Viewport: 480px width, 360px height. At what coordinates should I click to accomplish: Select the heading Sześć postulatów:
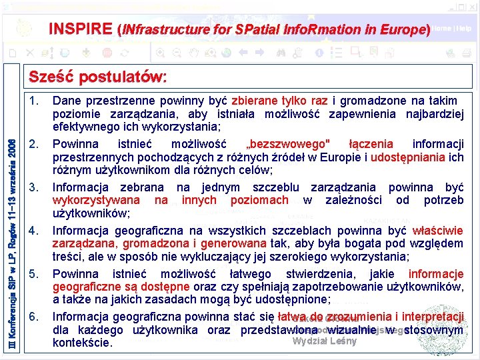(98, 77)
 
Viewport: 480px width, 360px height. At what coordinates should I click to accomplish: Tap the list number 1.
(35, 101)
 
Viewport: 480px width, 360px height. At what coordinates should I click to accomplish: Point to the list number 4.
(35, 231)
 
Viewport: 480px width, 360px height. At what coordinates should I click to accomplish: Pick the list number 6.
(35, 317)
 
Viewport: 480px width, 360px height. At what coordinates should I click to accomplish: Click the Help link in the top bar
(465, 29)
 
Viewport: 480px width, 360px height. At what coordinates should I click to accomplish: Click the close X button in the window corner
(472, 5)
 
